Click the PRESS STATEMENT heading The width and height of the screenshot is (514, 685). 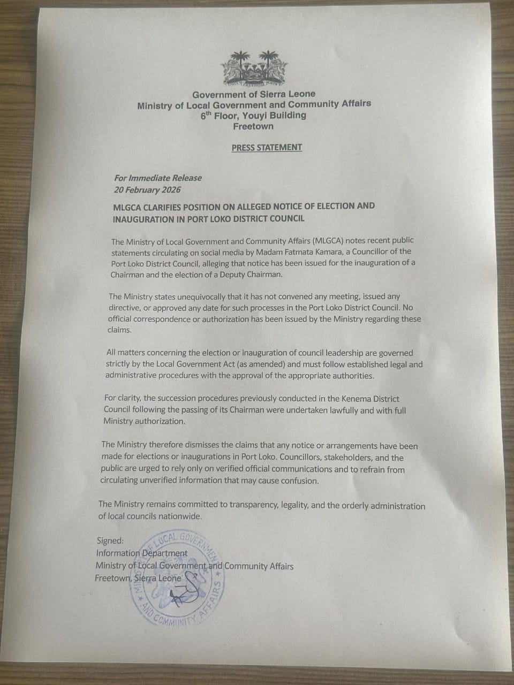pyautogui.click(x=267, y=147)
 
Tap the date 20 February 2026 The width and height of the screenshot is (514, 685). pyautogui.click(x=147, y=189)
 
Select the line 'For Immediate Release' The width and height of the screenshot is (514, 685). pyautogui.click(x=158, y=178)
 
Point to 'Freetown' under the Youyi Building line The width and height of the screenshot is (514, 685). pyautogui.click(x=253, y=126)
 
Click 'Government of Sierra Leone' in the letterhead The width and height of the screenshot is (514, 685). pyautogui.click(x=254, y=94)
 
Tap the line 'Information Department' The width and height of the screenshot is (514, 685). pyautogui.click(x=142, y=553)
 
